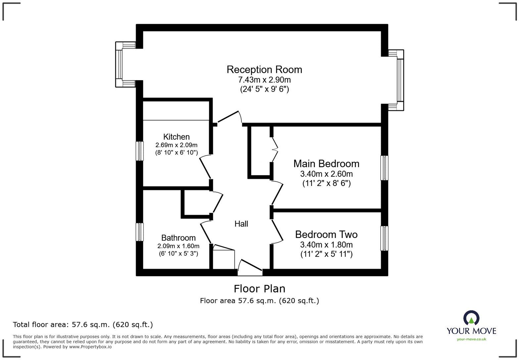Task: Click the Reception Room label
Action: click(264, 69)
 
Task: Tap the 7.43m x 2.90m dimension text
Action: click(264, 80)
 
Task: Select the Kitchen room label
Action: click(176, 137)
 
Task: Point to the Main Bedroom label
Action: click(326, 163)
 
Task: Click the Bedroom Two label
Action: click(326, 234)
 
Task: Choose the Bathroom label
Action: click(178, 238)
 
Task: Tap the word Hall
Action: click(241, 224)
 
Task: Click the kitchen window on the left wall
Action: click(140, 151)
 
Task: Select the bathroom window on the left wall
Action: click(140, 232)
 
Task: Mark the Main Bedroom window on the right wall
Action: click(384, 168)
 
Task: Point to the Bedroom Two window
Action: click(384, 238)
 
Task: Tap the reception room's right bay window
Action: click(400, 80)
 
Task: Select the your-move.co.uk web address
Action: click(471, 339)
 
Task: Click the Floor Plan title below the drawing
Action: click(259, 289)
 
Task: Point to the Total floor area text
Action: click(83, 325)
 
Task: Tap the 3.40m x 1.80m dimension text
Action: click(326, 245)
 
